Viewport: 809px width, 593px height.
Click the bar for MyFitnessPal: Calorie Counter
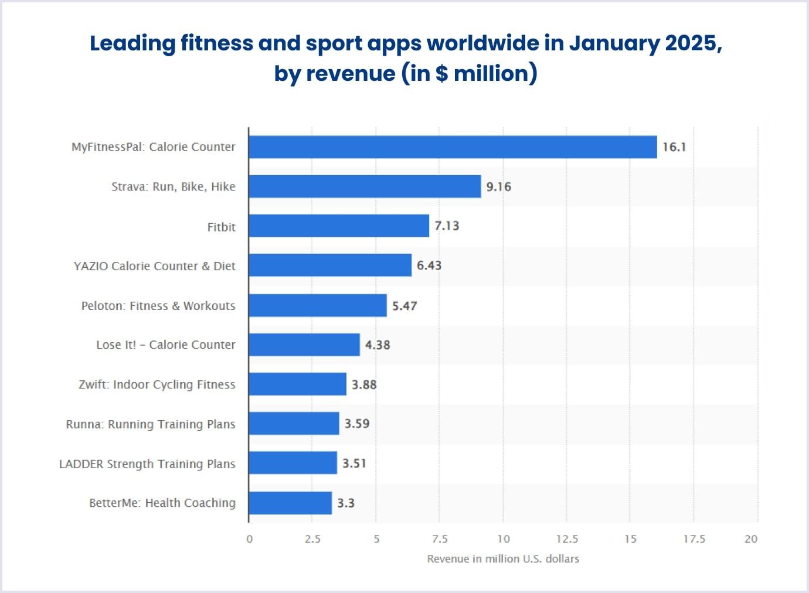coord(453,147)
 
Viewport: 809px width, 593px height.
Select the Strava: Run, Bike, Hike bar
coord(365,186)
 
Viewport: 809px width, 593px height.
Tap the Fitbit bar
coord(339,226)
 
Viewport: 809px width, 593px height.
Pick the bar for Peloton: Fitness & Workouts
coord(318,305)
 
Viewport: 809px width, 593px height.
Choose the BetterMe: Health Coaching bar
coord(290,503)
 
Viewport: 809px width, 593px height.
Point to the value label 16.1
coord(674,147)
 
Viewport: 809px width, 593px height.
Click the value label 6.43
coord(429,265)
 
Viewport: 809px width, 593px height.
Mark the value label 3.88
coord(364,384)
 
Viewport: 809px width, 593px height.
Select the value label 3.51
coord(354,464)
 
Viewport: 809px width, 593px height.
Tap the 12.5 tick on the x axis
coord(567,539)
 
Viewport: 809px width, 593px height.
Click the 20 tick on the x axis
coord(751,539)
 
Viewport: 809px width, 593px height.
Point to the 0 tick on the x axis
coord(250,539)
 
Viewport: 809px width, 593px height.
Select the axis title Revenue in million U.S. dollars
coord(503,559)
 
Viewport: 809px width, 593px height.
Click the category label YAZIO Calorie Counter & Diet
coord(155,266)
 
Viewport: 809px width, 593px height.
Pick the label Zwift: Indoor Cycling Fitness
coord(157,384)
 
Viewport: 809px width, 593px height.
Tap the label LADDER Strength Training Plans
coord(147,464)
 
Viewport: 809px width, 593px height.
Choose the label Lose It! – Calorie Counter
coord(166,345)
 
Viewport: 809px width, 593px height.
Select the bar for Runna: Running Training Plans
coord(294,424)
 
